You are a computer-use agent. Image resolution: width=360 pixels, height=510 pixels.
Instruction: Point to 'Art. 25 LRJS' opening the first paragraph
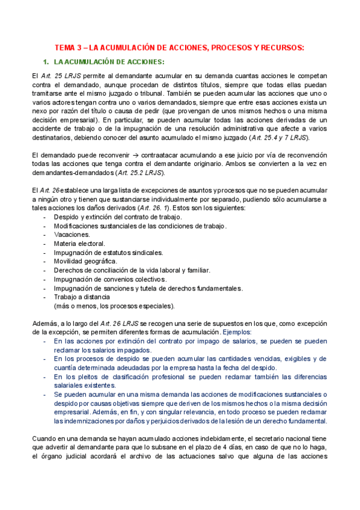64,76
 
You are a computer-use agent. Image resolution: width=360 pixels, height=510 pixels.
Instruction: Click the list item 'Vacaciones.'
72,235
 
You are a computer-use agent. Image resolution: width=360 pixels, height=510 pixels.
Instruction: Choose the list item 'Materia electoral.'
79,244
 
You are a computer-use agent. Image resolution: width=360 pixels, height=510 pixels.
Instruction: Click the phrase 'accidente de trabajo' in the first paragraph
64,129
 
